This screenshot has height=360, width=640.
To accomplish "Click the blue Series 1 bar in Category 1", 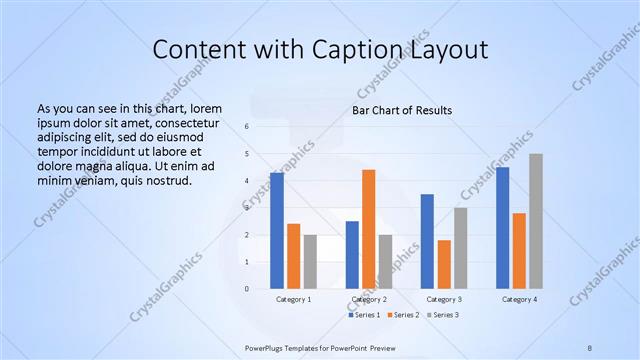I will coord(277,231).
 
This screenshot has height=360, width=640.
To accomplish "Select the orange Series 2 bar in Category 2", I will coord(368,229).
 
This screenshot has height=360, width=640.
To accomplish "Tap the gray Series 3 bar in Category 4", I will coord(536,221).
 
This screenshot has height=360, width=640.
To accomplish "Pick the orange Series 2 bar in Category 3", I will coord(444,264).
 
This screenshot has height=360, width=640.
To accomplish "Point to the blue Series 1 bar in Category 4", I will coord(502,228).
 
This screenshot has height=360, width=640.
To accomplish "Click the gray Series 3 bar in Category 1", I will coord(310,262).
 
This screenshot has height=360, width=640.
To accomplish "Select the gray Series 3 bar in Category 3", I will coord(460,248).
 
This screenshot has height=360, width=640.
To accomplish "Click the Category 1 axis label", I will coord(293,299).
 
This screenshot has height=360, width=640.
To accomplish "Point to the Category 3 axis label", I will coord(443,299).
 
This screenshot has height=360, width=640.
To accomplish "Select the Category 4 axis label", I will coord(519,299).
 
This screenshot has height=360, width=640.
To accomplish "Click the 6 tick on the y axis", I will coord(247,126).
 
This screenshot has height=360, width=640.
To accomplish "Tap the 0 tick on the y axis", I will coord(247,289).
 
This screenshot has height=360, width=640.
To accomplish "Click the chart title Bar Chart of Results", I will coord(403,110).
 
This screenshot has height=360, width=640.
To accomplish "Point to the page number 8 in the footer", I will coord(590,346).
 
